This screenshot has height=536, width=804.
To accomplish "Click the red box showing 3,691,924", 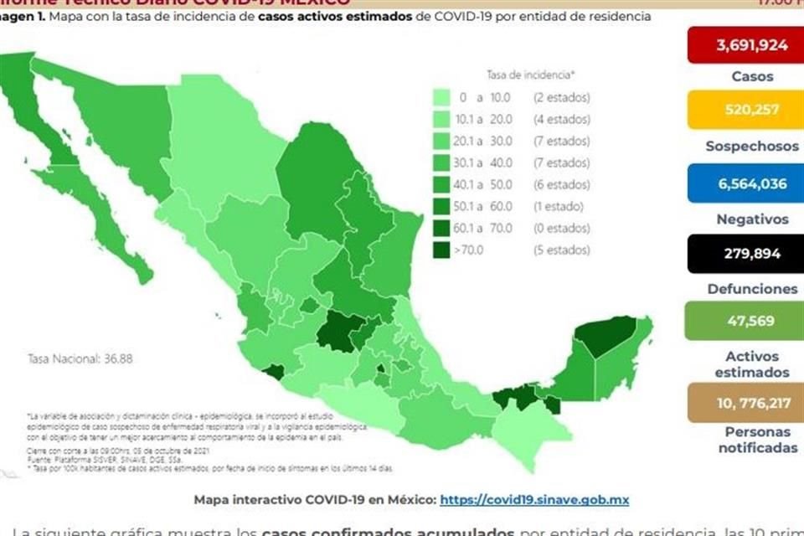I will pos(745,45).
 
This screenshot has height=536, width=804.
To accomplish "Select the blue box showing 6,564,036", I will pos(745,183).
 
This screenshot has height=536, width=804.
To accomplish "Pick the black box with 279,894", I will pos(745,253).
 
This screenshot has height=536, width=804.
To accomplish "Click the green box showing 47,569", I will pos(745,321).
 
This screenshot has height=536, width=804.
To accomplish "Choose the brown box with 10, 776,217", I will pos(745,403).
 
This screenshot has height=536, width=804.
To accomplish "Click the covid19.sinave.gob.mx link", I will pos(534,500).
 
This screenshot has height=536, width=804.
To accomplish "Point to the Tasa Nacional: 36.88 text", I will pos(80,358).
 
